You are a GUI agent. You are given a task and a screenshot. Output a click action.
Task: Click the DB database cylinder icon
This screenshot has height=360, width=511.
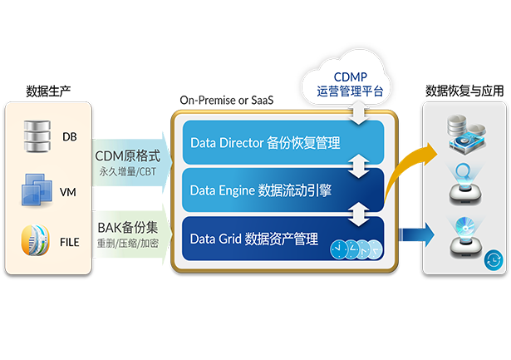[x=35, y=134]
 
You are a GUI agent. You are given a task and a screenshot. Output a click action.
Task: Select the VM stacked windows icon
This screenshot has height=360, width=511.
[x=35, y=190]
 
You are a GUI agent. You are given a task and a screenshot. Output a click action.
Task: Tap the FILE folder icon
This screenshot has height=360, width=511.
[x=35, y=242]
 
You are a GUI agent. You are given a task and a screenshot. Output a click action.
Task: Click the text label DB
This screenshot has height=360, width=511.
[x=69, y=136]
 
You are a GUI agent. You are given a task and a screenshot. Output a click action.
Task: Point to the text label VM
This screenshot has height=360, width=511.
[x=68, y=192]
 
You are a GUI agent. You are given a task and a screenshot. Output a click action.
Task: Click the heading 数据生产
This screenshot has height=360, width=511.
[x=48, y=91]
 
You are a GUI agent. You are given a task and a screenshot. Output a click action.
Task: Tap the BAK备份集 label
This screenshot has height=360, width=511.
[x=126, y=225]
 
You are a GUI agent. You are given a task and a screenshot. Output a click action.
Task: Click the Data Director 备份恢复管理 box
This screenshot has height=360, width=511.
[x=278, y=142]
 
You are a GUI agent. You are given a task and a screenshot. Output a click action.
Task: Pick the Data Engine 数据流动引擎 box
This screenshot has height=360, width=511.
[x=278, y=190]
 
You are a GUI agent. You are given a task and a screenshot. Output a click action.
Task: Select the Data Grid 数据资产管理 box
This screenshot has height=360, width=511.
[x=278, y=239]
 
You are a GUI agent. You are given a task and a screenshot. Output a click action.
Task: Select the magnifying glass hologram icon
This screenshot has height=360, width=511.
[x=464, y=184]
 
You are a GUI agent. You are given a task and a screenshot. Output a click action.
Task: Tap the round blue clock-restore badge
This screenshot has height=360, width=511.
[x=493, y=260]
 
